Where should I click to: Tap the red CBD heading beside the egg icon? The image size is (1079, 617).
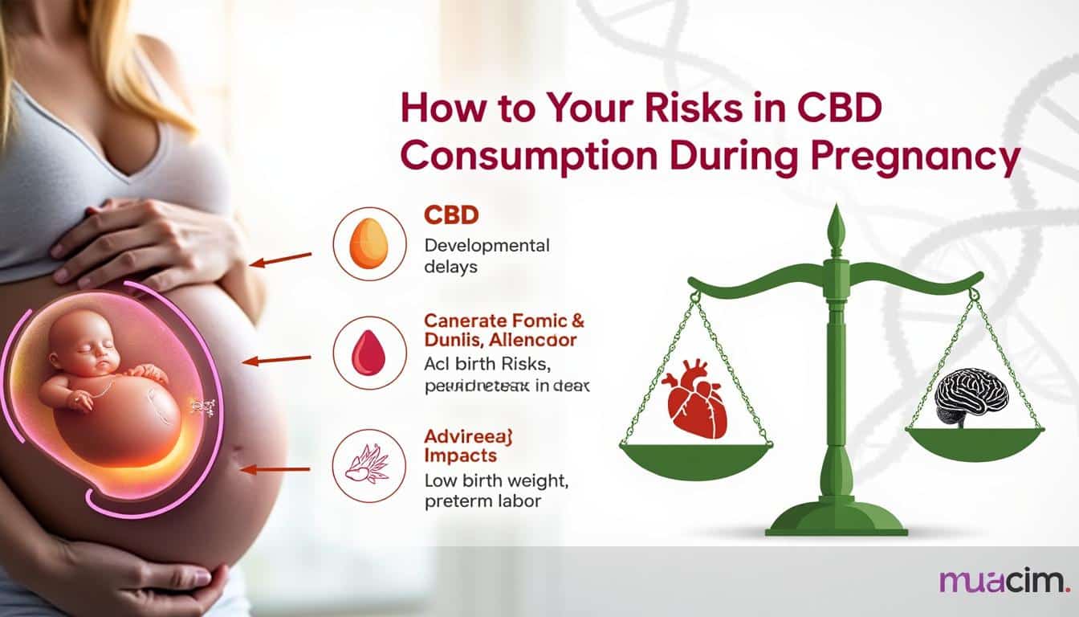(x=450, y=215)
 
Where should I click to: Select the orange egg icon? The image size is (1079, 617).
(x=369, y=244)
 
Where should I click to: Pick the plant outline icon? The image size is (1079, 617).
(x=368, y=467)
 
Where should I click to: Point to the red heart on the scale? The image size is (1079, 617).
(x=694, y=407)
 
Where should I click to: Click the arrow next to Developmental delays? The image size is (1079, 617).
(x=280, y=259)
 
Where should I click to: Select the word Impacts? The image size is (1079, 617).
(x=460, y=456)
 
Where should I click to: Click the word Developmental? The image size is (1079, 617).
(x=487, y=245)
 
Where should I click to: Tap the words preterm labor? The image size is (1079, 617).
(x=482, y=501)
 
